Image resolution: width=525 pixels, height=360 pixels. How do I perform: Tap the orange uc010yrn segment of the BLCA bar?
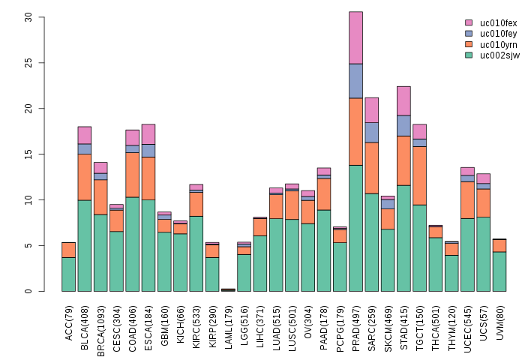tap(84, 177)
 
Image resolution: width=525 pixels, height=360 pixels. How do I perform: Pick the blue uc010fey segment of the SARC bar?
tap(371, 132)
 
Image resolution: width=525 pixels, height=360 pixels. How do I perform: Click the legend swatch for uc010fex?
tap(469, 23)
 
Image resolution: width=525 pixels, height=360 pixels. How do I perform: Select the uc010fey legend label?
tap(499, 34)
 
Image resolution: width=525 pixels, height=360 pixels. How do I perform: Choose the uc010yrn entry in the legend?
tap(499, 44)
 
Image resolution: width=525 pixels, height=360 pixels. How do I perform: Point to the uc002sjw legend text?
tap(499, 55)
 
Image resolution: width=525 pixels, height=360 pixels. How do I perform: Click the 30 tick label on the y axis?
tap(28, 16)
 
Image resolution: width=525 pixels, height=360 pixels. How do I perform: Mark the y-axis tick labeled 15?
tap(28, 154)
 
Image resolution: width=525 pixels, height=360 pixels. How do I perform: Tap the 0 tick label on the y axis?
tap(28, 291)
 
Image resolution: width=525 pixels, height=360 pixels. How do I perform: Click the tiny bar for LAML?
tap(228, 289)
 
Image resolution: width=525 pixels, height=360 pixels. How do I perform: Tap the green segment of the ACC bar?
tap(68, 274)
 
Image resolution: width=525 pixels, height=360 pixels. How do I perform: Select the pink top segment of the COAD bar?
tap(132, 137)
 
